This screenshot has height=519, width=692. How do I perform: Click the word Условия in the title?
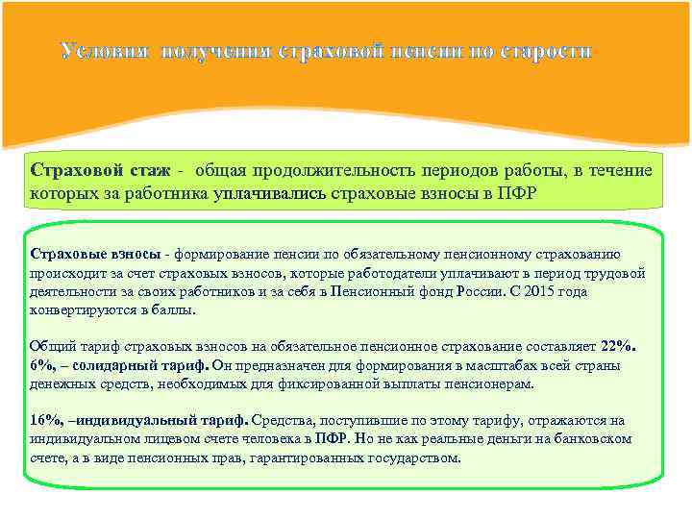click(x=105, y=50)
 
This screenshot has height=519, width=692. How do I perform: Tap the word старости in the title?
click(x=544, y=50)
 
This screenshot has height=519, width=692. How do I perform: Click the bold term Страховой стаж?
click(x=100, y=170)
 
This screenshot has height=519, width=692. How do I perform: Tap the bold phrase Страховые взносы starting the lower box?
click(x=95, y=254)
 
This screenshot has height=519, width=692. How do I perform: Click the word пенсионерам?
click(x=518, y=383)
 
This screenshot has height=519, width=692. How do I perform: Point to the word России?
click(x=498, y=291)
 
